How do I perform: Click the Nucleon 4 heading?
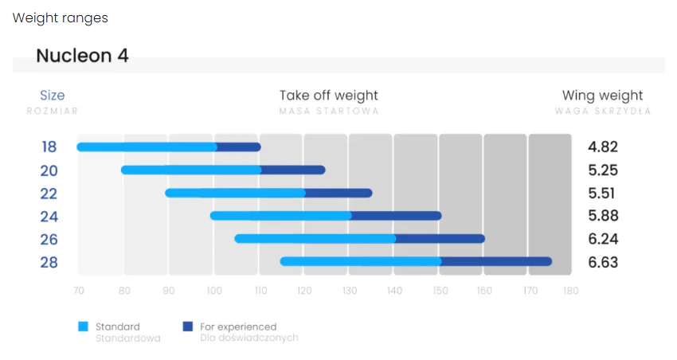[x=82, y=56]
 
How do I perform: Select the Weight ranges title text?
[x=60, y=18]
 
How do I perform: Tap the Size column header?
[x=53, y=95]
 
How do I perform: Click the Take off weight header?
[x=329, y=96]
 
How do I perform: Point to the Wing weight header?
[x=602, y=96]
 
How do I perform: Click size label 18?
[x=49, y=147]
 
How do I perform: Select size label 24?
[x=49, y=217]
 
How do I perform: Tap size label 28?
[x=49, y=263]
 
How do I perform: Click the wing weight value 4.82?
[x=603, y=147]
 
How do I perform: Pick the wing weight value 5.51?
[x=601, y=193]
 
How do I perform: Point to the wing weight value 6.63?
[x=603, y=262]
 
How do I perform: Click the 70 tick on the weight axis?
[x=79, y=291]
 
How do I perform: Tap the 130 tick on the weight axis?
[x=350, y=291]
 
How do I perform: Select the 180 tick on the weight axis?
[x=571, y=291]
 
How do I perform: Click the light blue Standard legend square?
[x=83, y=327]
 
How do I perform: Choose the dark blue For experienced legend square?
[x=188, y=327]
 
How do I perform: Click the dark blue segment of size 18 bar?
[x=239, y=147]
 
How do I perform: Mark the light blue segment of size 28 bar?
[x=361, y=261]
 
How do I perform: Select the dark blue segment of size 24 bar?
[x=396, y=216]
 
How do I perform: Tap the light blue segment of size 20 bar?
[x=191, y=170]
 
